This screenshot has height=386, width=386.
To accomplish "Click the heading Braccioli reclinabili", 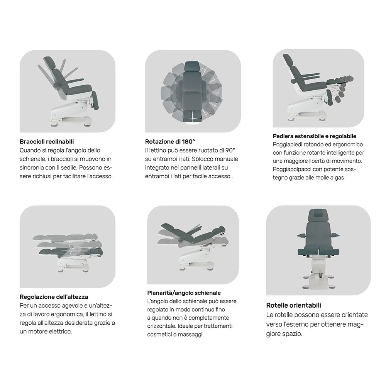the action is (47, 142).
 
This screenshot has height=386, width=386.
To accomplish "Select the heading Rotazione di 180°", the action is (170, 142).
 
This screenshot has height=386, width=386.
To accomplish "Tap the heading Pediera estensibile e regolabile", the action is (314, 136).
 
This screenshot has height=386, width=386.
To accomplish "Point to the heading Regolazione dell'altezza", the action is (54, 297).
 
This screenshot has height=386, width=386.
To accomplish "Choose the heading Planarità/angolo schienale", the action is (184, 293).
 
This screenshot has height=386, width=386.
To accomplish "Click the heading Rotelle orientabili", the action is (294, 305).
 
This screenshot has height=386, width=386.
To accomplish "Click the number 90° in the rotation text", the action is (230, 150).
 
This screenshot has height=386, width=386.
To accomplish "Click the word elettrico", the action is (60, 332).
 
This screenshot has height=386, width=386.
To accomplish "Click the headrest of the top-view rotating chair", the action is (192, 66).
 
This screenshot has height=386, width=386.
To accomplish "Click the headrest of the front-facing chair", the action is (318, 215).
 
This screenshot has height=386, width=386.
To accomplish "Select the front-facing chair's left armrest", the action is (302, 235).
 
